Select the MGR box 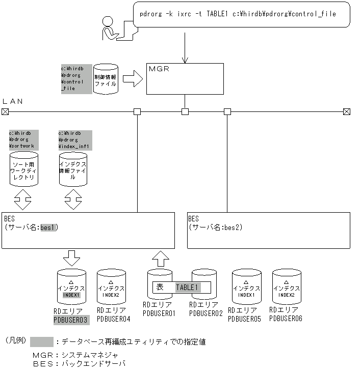(185, 78)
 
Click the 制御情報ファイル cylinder (106, 79)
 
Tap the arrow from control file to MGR (132, 79)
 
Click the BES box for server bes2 (268, 230)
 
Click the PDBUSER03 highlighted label (71, 320)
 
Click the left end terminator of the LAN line (5, 111)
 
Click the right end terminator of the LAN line (347, 111)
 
